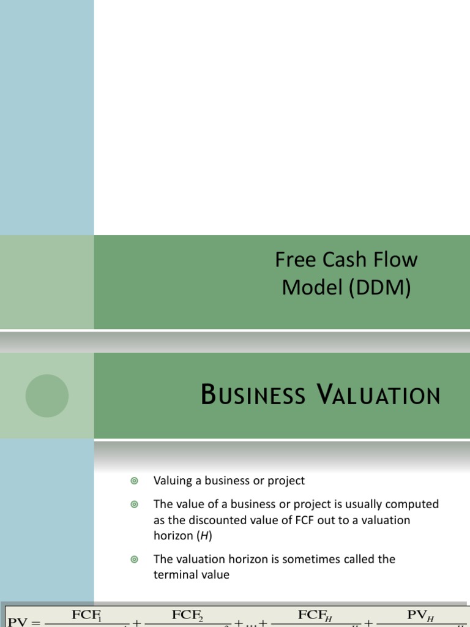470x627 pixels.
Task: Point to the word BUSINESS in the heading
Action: coord(253,396)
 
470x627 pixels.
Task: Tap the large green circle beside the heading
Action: coord(47,396)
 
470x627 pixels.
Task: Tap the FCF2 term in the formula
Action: coord(190,615)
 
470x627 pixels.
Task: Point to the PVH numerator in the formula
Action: coord(420,615)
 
